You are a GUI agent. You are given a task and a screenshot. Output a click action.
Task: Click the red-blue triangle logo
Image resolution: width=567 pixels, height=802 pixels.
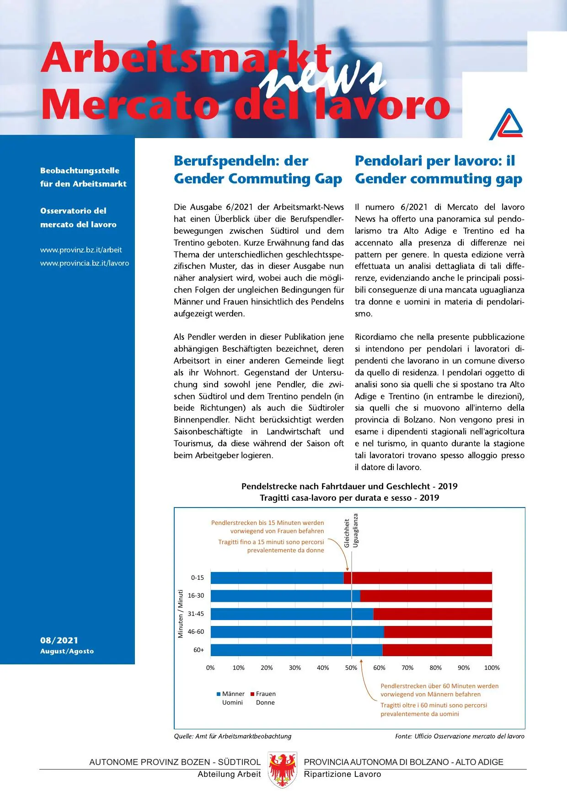[x=507, y=124]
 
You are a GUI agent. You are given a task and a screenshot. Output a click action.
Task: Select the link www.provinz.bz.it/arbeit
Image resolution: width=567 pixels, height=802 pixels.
[x=81, y=250]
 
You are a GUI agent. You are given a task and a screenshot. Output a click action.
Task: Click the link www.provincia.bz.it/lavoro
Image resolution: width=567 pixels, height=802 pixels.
[x=84, y=263]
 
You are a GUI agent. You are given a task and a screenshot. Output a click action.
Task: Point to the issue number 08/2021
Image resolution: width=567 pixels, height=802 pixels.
[x=59, y=640]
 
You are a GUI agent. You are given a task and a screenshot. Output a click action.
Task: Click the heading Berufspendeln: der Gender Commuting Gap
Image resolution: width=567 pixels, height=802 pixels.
[x=257, y=170]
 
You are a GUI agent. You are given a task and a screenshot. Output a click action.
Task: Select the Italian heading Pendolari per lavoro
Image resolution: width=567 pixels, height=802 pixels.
[x=438, y=170]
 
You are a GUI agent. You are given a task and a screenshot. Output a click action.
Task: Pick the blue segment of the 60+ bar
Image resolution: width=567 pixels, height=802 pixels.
[x=296, y=650]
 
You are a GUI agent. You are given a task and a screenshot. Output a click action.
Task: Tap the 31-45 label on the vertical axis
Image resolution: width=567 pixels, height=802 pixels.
[x=196, y=614]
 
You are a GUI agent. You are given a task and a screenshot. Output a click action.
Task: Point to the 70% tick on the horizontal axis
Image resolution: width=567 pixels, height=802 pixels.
[x=407, y=668]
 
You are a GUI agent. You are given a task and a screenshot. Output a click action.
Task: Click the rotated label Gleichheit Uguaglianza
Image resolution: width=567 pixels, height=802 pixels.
[x=351, y=530]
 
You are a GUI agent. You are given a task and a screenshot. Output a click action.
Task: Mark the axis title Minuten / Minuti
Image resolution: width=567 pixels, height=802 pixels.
[x=180, y=614]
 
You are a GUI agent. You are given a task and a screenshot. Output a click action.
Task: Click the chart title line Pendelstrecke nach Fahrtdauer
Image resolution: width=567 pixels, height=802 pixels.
[x=349, y=486]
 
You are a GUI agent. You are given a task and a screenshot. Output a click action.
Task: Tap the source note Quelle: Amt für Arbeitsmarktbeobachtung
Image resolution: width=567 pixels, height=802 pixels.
[x=232, y=736]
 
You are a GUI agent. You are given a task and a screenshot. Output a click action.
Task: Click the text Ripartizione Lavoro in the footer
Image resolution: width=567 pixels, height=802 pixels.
[x=342, y=774]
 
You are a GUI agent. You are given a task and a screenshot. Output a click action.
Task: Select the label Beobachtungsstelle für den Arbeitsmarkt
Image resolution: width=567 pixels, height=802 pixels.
[x=83, y=177]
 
